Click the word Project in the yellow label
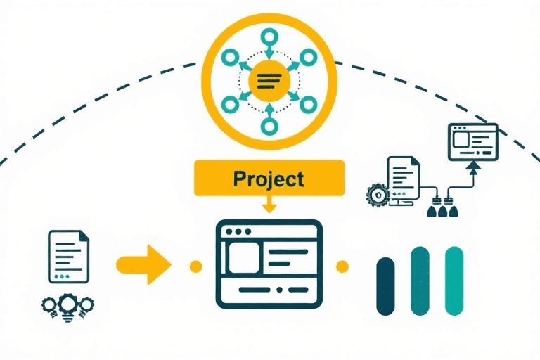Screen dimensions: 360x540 (269, 178)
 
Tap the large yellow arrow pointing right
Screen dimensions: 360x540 (144, 265)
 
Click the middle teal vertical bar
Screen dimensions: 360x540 (420, 280)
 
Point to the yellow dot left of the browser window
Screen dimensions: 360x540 (195, 266)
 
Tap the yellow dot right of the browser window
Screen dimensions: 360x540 (342, 266)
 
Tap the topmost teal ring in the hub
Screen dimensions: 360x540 (269, 38)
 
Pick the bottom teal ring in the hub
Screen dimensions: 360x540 (269, 127)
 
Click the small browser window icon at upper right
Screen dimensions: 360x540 (472, 140)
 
